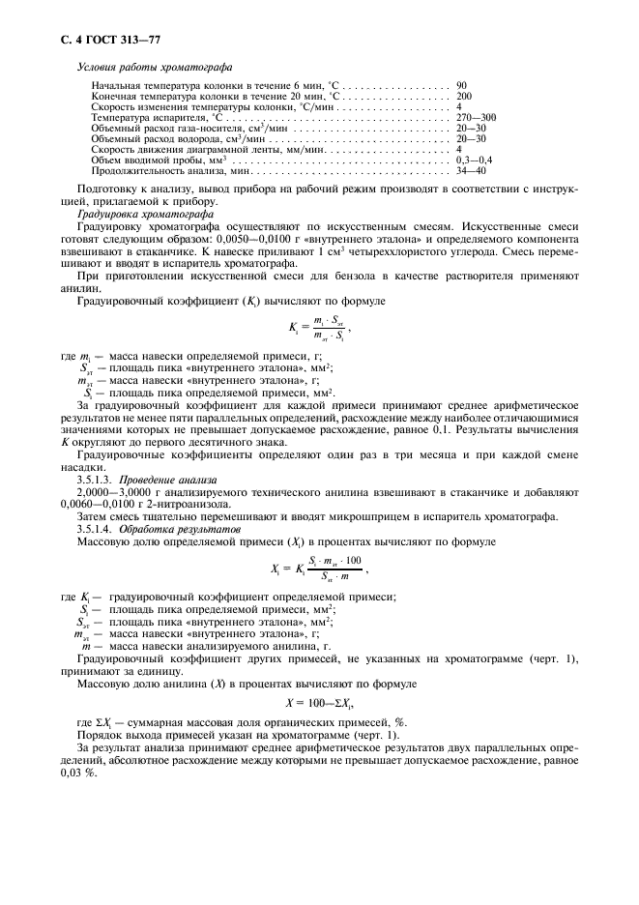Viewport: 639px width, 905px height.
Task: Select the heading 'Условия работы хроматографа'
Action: click(153, 67)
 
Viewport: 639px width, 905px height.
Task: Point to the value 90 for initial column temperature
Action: click(462, 87)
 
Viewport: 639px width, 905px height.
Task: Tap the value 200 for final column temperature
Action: click(464, 97)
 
